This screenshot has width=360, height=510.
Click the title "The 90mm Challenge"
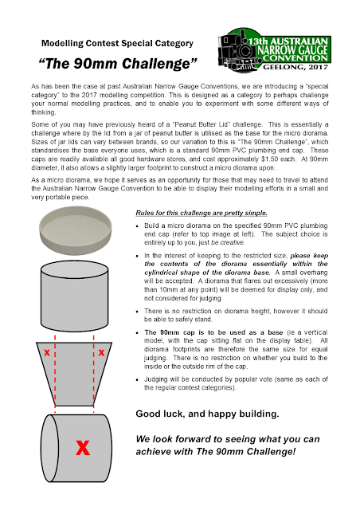click(118, 64)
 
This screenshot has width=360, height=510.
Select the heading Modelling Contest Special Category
click(117, 43)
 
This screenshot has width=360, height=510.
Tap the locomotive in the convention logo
click(238, 51)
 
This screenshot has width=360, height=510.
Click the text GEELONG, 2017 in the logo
click(295, 67)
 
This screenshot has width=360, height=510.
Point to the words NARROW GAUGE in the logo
click(292, 49)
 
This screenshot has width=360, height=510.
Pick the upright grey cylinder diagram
click(75, 296)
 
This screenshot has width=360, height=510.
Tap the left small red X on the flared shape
click(47, 352)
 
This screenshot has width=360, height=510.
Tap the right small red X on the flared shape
click(101, 352)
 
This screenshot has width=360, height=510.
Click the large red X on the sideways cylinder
click(83, 448)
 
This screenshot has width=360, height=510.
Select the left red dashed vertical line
click(55, 374)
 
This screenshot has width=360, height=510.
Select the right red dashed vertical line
click(94, 374)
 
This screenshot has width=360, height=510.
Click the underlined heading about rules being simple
click(202, 213)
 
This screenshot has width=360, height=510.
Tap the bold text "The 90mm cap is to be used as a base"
click(213, 332)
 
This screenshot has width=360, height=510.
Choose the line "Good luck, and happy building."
click(207, 414)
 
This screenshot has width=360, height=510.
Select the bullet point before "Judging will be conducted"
click(138, 380)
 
